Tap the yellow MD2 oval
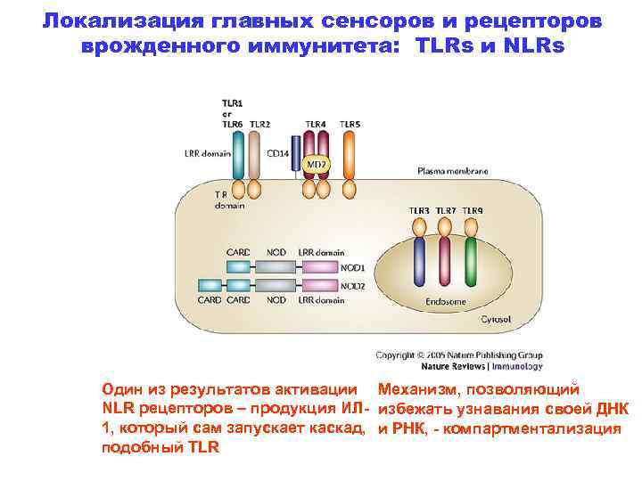pyautogui.click(x=316, y=166)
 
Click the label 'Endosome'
pyautogui.click(x=444, y=302)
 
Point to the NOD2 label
pyautogui.click(x=353, y=286)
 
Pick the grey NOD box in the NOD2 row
pyautogui.click(x=277, y=286)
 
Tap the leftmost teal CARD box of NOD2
pyautogui.click(x=210, y=286)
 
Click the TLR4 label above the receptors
pyautogui.click(x=315, y=123)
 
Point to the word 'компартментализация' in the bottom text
pyautogui.click(x=545, y=428)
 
